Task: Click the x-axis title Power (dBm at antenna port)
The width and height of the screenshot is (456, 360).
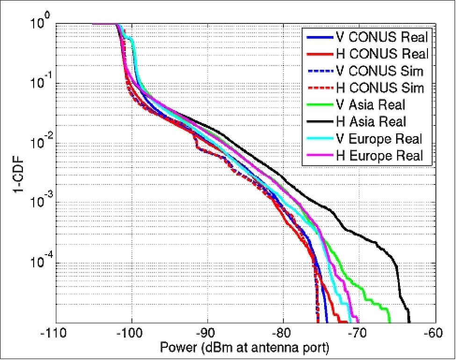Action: click(245, 349)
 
